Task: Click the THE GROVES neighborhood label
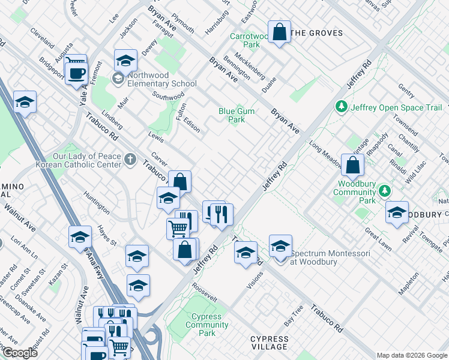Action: point(316,33)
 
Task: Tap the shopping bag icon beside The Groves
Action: point(280,32)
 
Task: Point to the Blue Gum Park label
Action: point(232,115)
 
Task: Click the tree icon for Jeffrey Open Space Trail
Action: point(342,107)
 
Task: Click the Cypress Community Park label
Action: point(206,325)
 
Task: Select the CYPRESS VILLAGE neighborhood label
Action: point(270,343)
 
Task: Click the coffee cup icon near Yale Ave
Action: point(76,74)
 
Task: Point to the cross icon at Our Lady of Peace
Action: point(130,160)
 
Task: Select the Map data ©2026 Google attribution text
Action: point(412,355)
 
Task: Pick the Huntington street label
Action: point(97,202)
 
